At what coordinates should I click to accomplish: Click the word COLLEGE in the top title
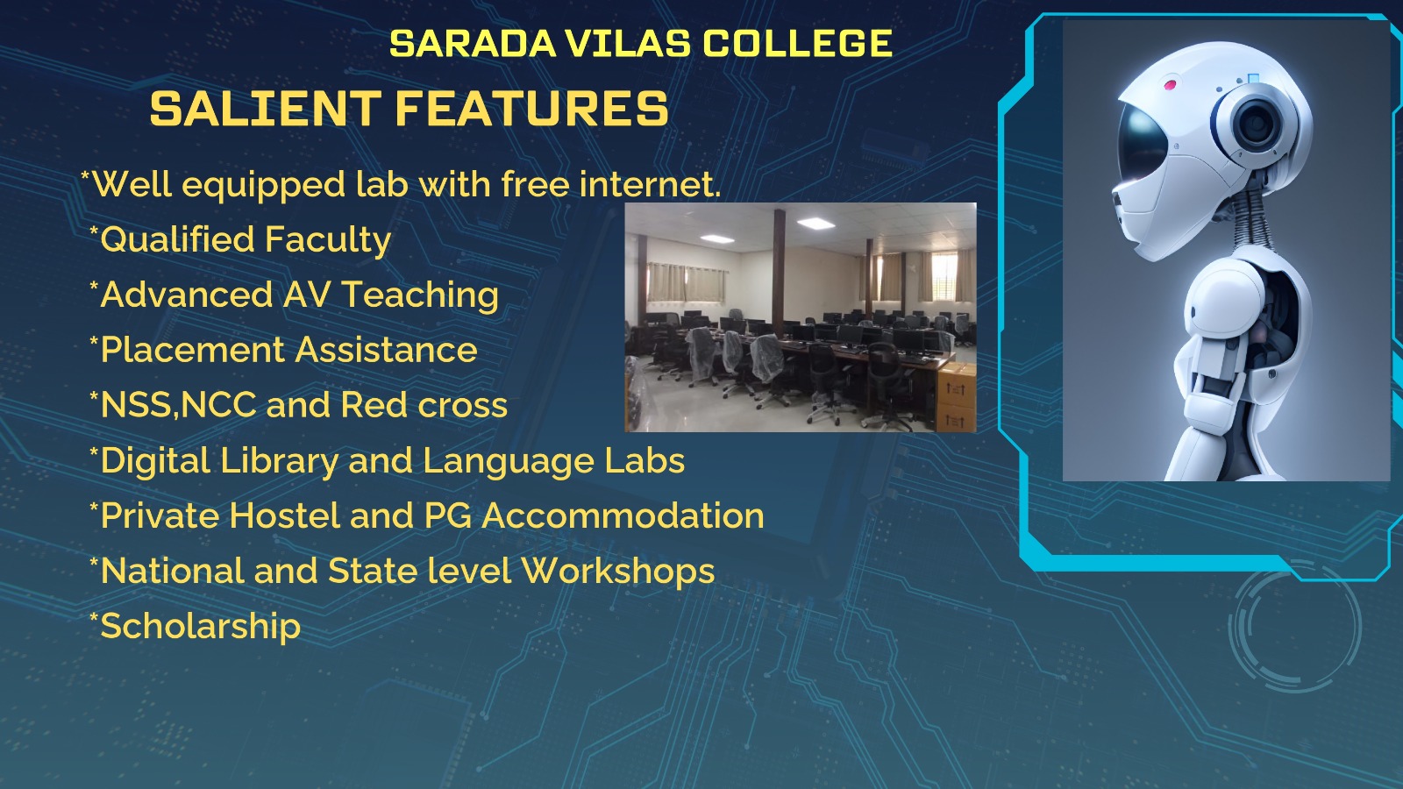[798, 43]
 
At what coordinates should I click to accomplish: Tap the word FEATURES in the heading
[531, 109]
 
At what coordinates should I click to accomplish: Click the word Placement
[192, 350]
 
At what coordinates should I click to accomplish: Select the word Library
[278, 462]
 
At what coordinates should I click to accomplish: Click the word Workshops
[617, 572]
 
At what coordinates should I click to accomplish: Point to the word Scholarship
[201, 627]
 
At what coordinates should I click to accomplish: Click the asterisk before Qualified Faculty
[94, 232]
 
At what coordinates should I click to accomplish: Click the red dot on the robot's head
[1170, 84]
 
